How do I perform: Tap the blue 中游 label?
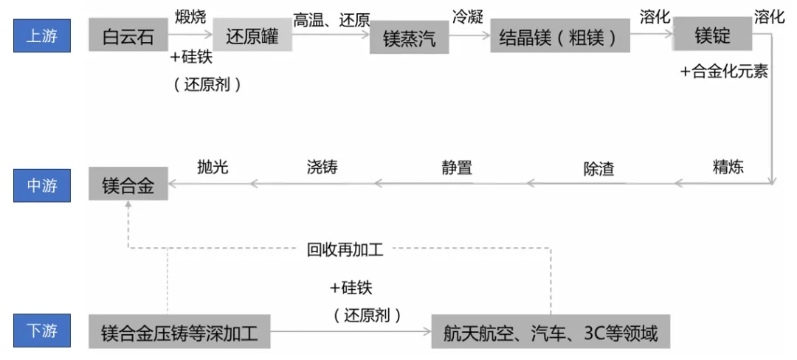pyautogui.click(x=41, y=186)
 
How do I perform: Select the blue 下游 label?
pyautogui.click(x=41, y=330)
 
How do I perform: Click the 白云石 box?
pyautogui.click(x=128, y=35)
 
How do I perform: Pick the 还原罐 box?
pyautogui.click(x=252, y=35)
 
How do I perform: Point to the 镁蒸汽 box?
pyautogui.click(x=409, y=38)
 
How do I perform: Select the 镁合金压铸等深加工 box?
pyautogui.click(x=179, y=333)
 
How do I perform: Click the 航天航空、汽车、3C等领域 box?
pyautogui.click(x=551, y=333)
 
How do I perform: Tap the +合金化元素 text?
pyautogui.click(x=724, y=72)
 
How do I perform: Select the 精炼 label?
pyautogui.click(x=728, y=166)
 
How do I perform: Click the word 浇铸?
pyautogui.click(x=322, y=167)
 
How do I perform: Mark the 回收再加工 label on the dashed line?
pyautogui.click(x=345, y=249)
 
